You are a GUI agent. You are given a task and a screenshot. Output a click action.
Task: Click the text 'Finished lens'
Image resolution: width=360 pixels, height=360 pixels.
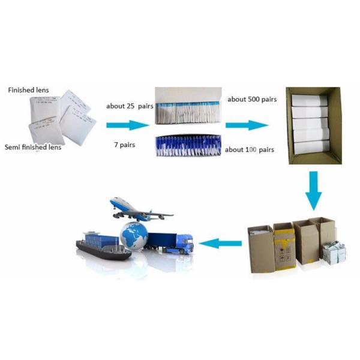tap(28, 91)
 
